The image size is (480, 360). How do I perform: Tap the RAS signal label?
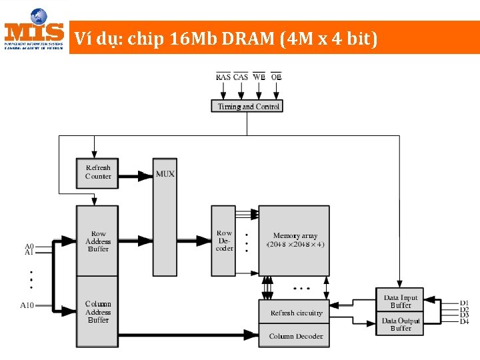(223, 77)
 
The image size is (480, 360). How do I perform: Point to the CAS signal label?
(241, 77)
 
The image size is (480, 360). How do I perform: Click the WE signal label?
(259, 77)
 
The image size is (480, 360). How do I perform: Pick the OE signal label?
(276, 77)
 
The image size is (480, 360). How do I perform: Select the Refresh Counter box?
(98, 172)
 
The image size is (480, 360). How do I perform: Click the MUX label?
(165, 174)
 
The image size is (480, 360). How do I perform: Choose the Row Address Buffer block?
(98, 241)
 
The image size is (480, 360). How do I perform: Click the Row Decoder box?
(224, 241)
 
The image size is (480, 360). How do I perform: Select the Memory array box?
(295, 240)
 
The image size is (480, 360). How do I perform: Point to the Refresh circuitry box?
(296, 313)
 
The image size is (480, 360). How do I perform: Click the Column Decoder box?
(296, 336)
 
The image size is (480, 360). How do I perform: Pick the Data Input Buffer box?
(401, 301)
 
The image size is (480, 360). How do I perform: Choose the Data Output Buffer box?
(401, 324)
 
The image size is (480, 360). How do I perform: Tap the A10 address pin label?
(27, 305)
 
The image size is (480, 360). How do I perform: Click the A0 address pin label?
(29, 246)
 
